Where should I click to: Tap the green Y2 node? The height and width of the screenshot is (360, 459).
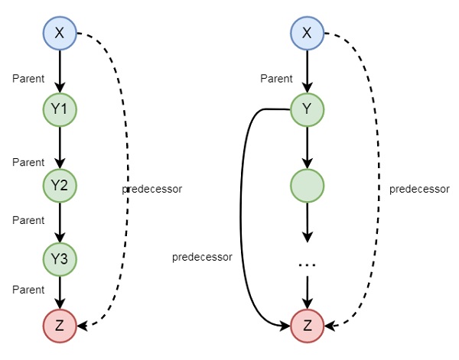(x=60, y=185)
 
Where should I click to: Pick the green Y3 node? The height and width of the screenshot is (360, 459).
(x=60, y=259)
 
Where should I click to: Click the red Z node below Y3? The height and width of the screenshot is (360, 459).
(x=60, y=326)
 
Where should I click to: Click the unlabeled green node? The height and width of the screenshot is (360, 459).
(x=308, y=185)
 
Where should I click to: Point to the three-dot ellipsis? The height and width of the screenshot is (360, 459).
(x=308, y=264)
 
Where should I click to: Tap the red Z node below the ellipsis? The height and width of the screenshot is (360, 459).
(x=308, y=326)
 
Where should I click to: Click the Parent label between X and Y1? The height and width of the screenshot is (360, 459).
(x=28, y=78)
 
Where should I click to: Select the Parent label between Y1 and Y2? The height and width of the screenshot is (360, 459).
(x=28, y=162)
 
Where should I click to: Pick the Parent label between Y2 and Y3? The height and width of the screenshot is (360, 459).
(x=28, y=220)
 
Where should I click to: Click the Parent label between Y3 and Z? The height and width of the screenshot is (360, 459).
(x=28, y=288)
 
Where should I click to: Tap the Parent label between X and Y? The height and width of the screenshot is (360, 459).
(x=276, y=78)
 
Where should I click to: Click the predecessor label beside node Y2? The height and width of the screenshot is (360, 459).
(x=151, y=188)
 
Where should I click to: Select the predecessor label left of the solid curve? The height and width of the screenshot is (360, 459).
(x=202, y=257)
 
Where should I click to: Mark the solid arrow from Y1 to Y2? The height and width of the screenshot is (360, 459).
(x=60, y=148)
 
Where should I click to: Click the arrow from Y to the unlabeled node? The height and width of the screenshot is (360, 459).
(x=308, y=148)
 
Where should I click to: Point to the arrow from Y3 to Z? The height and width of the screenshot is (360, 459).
(x=60, y=292)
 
